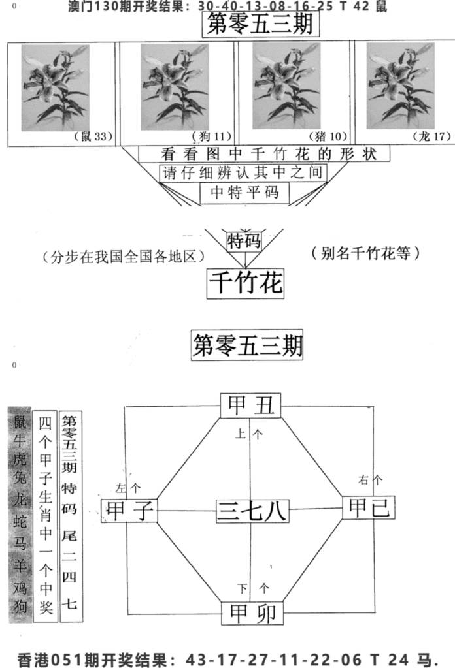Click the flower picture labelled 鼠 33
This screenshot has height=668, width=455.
pyautogui.click(x=56, y=87)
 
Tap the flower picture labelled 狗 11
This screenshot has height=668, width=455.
pyautogui.click(x=175, y=86)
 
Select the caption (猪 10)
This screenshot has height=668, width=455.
pyautogui.click(x=328, y=136)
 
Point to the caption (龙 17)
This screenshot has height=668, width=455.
pyautogui.click(x=431, y=136)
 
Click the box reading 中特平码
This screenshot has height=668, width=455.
pyautogui.click(x=244, y=193)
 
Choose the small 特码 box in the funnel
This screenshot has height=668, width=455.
pyautogui.click(x=244, y=241)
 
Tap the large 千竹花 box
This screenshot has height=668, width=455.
pyautogui.click(x=246, y=283)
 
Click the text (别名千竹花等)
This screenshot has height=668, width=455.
pyautogui.click(x=365, y=253)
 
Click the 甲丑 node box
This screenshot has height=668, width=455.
pyautogui.click(x=251, y=405)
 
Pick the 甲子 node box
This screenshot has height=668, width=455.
pyautogui.click(x=129, y=511)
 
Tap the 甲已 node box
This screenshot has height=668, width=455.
pyautogui.click(x=369, y=507)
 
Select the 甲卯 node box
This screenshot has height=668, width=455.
pyautogui.click(x=252, y=613)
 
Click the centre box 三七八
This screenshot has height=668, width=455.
pyautogui.click(x=252, y=511)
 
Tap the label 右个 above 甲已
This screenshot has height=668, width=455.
pyautogui.click(x=370, y=480)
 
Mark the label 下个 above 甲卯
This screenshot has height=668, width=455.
pyautogui.click(x=254, y=589)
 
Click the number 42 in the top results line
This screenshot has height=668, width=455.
pyautogui.click(x=361, y=7)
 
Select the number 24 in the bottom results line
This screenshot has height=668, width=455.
pyautogui.click(x=398, y=660)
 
